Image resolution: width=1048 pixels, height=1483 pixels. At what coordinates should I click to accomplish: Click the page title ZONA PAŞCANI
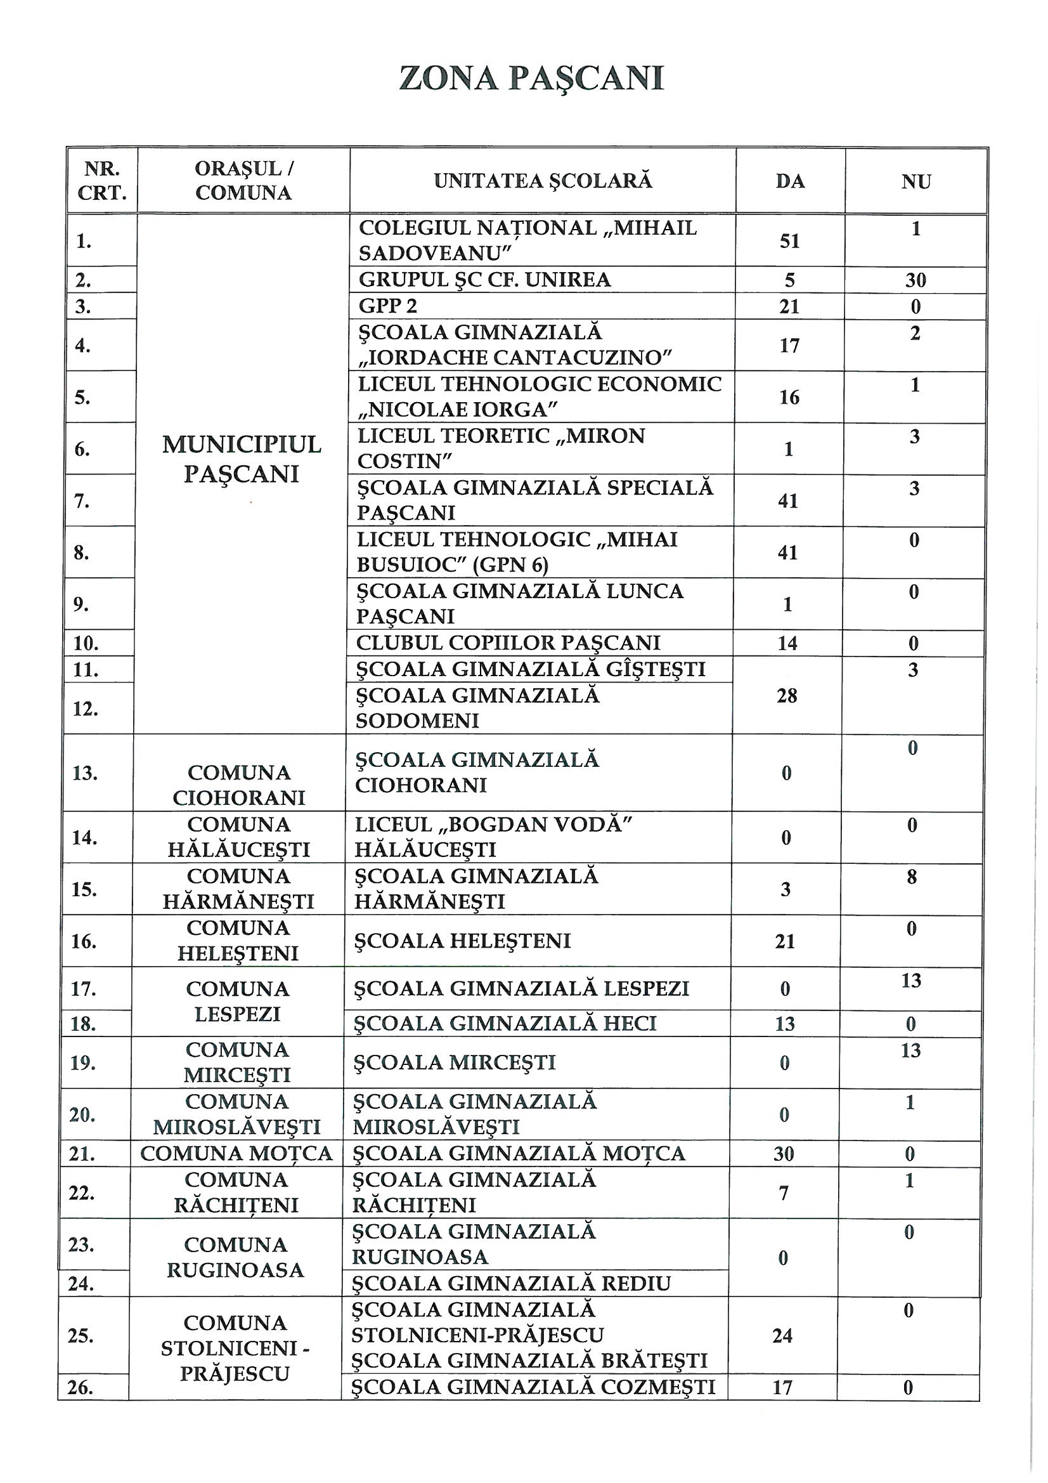click(531, 79)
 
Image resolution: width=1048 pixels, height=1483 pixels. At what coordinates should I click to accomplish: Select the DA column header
click(790, 181)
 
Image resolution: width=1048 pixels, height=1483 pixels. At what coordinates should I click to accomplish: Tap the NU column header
click(915, 182)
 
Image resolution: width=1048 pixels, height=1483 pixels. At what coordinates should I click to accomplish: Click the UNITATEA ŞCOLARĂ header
click(543, 181)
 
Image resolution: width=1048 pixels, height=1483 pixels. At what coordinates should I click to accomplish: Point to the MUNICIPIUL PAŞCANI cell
click(242, 459)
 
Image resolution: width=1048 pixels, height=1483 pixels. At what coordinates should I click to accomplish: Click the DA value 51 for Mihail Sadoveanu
click(790, 241)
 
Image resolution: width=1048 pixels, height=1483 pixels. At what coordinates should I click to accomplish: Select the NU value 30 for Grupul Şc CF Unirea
click(915, 280)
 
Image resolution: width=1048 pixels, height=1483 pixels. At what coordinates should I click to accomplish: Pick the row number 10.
click(86, 643)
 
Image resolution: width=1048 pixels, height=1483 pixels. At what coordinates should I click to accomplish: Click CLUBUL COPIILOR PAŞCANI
click(508, 643)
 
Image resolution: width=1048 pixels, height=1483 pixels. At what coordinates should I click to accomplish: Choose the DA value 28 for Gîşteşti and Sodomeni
click(787, 696)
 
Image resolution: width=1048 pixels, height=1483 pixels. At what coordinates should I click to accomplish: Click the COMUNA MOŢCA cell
click(236, 1154)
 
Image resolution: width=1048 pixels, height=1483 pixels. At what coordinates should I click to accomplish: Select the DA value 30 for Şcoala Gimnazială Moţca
click(783, 1154)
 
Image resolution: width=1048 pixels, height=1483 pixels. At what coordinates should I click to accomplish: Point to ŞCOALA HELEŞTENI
click(462, 941)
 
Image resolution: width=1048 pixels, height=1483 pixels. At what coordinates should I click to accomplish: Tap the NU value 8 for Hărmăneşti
click(912, 877)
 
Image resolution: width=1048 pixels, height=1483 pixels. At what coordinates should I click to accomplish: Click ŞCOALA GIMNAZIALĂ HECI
click(505, 1023)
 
